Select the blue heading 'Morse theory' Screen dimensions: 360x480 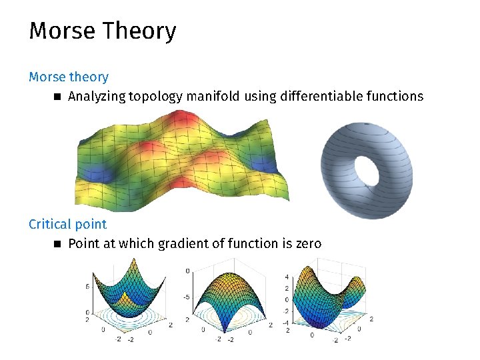click(x=68, y=77)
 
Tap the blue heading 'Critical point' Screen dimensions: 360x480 click(x=67, y=224)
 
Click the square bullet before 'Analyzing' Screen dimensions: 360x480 click(x=57, y=97)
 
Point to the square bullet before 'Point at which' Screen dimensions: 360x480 click(x=57, y=244)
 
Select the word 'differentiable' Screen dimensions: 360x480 click(x=321, y=97)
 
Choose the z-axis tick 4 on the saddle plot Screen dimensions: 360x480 click(x=287, y=277)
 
